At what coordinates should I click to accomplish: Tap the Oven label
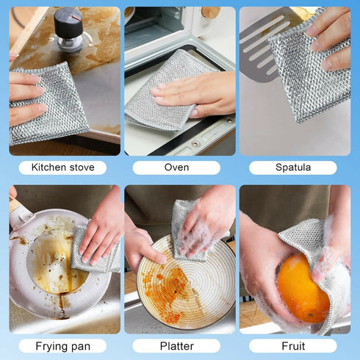click(176, 168)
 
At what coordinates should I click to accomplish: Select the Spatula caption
click(292, 168)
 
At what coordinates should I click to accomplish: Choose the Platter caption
click(176, 345)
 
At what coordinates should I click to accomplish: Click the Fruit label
click(292, 345)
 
